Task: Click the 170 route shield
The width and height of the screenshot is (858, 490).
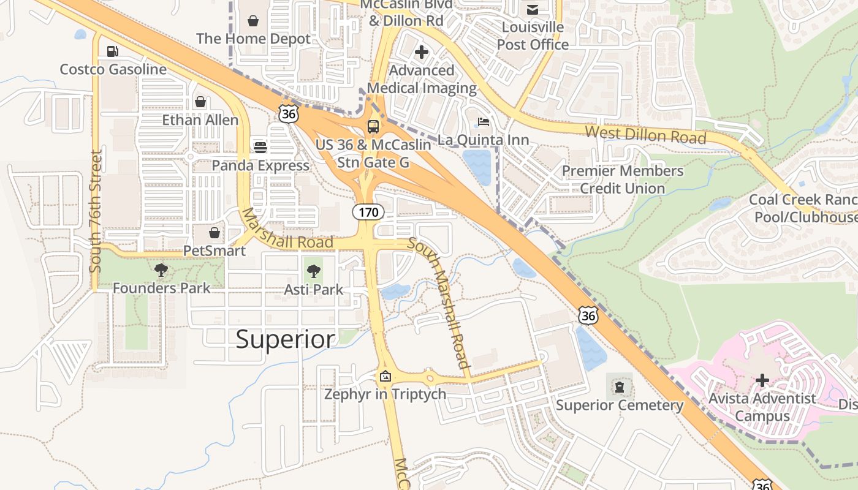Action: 368,213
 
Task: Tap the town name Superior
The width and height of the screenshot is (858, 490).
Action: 286,339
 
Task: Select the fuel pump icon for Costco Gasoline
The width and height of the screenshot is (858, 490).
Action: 112,51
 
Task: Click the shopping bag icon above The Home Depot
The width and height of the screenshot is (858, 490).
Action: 253,21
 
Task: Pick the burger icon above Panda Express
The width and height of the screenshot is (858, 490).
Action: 260,147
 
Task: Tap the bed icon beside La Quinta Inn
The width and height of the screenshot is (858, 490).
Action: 484,122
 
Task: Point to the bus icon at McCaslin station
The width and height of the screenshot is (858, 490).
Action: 373,127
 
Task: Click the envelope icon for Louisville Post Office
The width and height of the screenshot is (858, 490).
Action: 532,9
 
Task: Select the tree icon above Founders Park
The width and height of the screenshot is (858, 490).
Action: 161,269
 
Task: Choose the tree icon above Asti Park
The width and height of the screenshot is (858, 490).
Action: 314,271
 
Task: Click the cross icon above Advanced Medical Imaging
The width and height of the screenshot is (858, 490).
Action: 422,53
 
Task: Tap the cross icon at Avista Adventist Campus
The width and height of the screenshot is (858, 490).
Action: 762,380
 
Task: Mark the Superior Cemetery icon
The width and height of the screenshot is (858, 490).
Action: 620,386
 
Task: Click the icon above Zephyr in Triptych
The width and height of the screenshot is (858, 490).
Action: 385,376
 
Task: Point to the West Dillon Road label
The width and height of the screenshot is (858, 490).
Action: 645,134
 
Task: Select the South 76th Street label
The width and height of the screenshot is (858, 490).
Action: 96,211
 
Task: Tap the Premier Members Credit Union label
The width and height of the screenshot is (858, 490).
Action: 623,179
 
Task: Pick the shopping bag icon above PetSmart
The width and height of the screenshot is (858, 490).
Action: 214,233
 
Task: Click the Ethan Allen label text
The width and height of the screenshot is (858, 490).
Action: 200,119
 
